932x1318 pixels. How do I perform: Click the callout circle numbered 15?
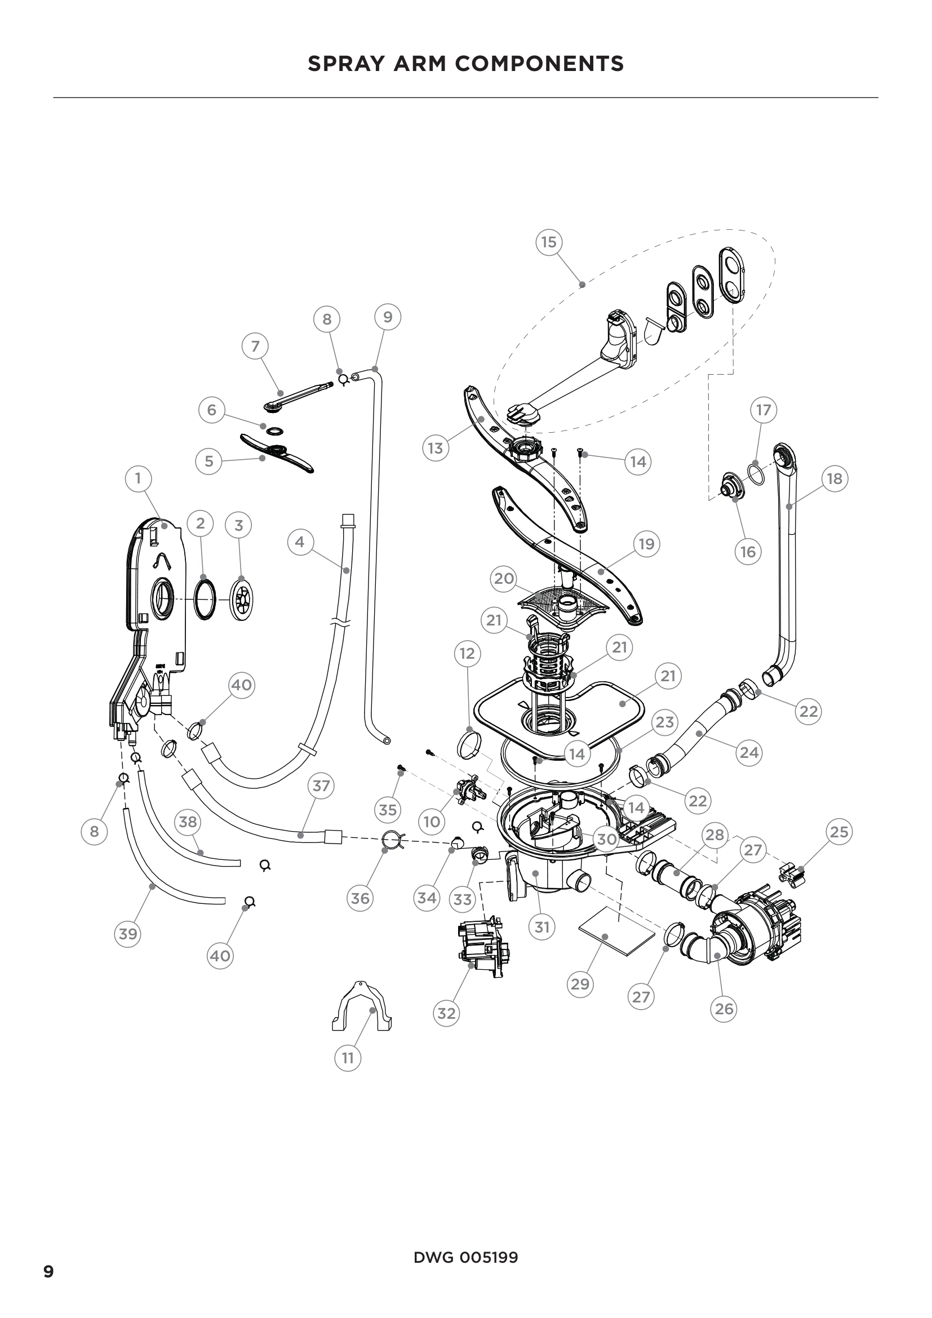[549, 242]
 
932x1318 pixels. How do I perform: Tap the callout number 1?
[137, 478]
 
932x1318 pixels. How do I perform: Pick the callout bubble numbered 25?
[839, 831]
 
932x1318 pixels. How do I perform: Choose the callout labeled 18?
[835, 478]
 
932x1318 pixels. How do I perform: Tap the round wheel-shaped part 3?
[242, 600]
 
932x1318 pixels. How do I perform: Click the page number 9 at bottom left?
[49, 1272]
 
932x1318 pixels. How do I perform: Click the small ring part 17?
[756, 474]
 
